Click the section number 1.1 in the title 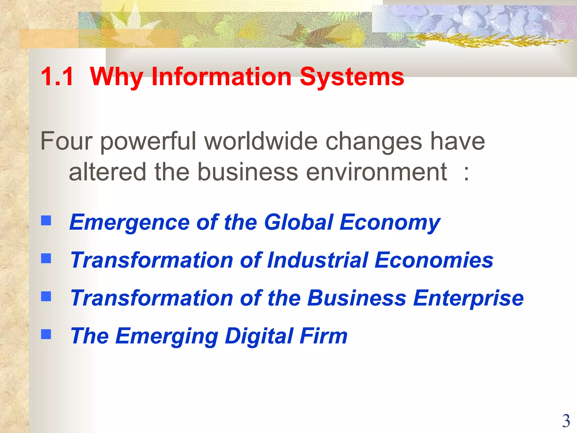pos(57,77)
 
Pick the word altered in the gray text pos(107,172)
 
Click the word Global pos(299,222)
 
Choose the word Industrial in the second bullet pos(318,260)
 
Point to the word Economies pos(434,260)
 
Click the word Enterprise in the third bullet pos(468,298)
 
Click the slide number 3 pos(566,421)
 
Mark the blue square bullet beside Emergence pos(46,220)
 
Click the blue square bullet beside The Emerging pos(46,334)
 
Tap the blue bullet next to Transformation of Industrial pos(46,258)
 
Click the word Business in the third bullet pos(356,298)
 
